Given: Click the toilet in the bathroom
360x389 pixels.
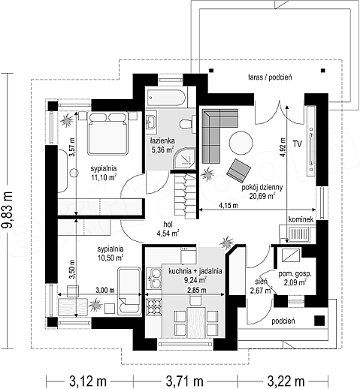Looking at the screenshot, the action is [x=186, y=123].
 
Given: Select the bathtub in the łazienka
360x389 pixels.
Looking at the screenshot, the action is [x=167, y=97].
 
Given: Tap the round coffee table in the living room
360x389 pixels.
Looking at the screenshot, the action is [x=241, y=143].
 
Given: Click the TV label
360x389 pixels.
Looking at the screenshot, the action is [x=298, y=144].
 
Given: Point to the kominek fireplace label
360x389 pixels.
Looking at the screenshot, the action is [x=301, y=219].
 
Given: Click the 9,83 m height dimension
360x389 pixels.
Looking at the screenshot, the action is [x=7, y=210].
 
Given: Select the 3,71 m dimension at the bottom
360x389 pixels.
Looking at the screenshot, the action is [x=184, y=381].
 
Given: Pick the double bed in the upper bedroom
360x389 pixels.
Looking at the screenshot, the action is [x=107, y=134].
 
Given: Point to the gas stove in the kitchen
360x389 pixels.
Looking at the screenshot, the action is [x=154, y=306].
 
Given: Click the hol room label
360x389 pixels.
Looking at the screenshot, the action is [x=168, y=225].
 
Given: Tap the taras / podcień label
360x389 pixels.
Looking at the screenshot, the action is [x=270, y=77].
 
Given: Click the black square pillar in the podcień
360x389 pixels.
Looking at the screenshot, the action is [x=319, y=321].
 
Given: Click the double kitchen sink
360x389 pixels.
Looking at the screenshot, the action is [x=154, y=278].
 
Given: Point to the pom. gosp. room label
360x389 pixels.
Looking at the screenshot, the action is [x=295, y=273].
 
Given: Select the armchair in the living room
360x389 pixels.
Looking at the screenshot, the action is [x=238, y=170].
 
